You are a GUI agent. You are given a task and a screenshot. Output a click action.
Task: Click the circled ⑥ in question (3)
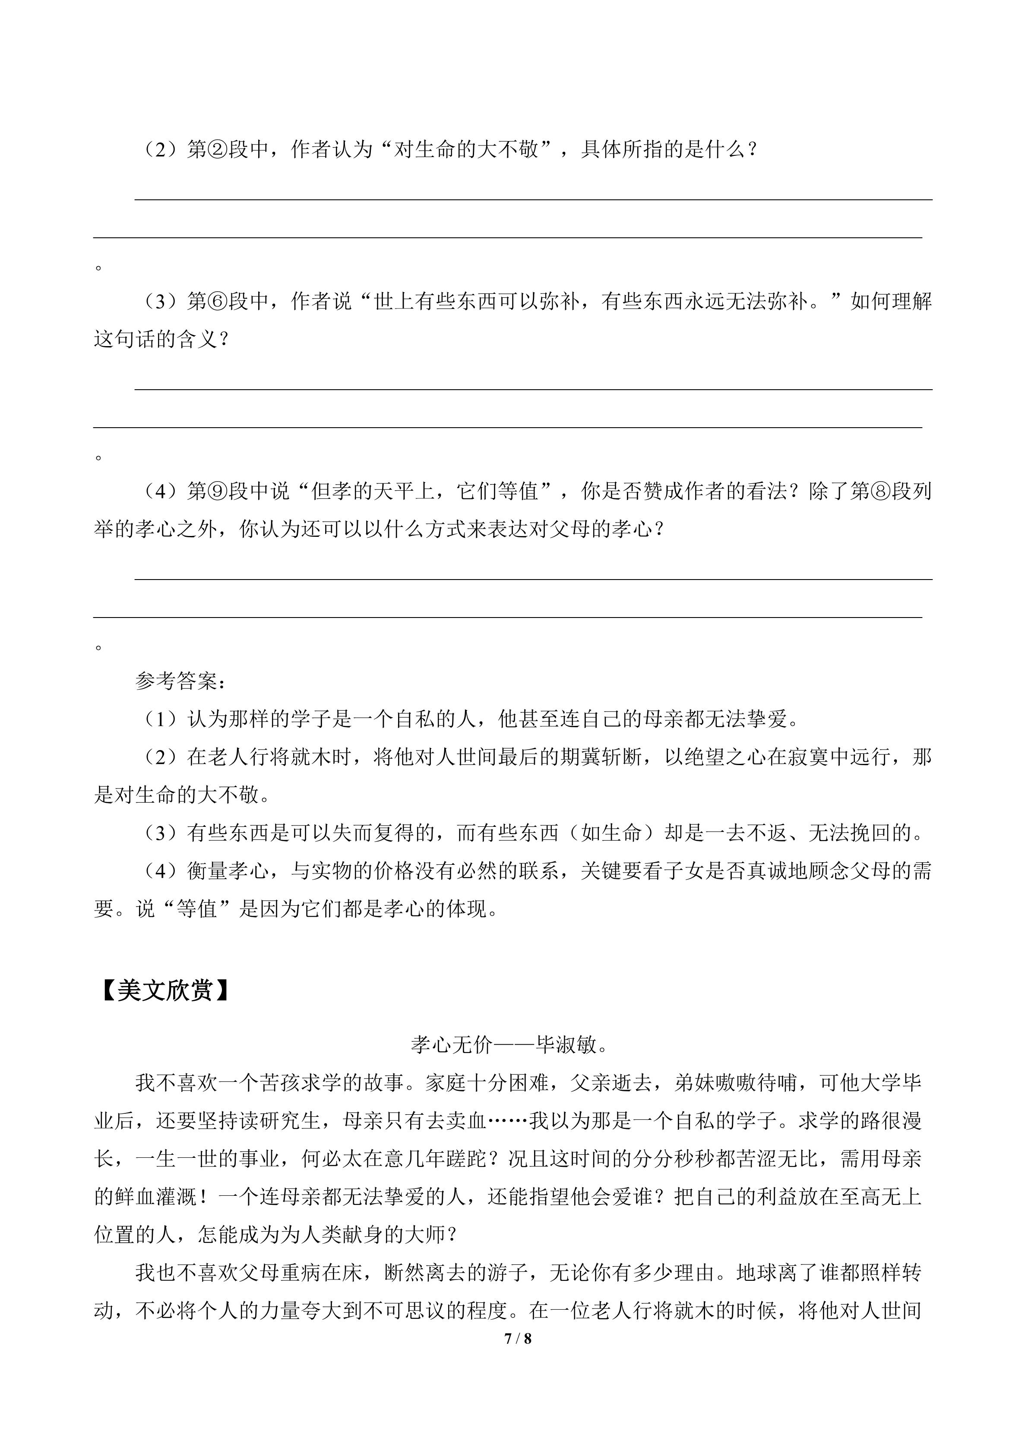point(218,302)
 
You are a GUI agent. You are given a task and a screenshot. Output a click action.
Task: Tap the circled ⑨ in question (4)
point(218,491)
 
